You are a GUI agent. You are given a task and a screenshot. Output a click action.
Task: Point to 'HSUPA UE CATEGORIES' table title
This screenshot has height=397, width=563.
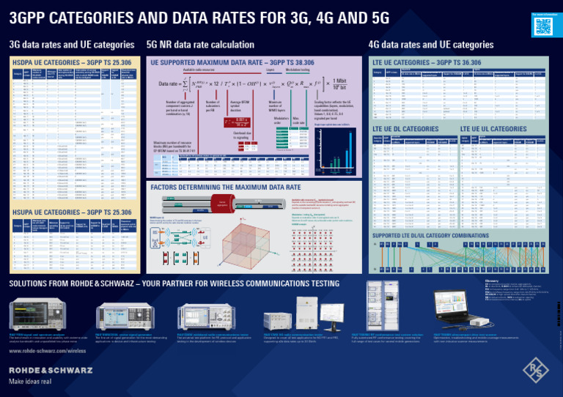72,212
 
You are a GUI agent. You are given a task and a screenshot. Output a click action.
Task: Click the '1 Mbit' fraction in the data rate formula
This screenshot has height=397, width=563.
339,81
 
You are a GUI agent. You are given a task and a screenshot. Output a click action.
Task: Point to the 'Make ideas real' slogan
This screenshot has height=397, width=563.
29,382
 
